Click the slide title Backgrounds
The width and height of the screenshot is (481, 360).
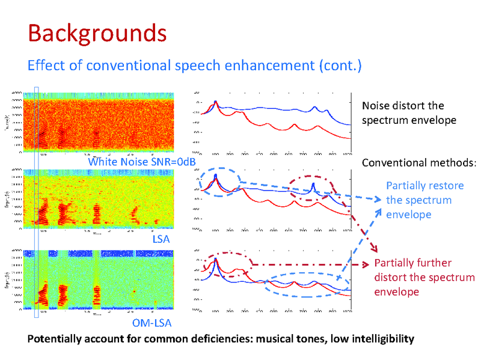(x=97, y=33)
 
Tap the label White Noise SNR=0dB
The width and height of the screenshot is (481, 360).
(x=141, y=162)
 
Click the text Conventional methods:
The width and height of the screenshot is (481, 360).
(x=419, y=163)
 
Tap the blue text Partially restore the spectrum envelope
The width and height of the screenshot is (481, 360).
(x=418, y=200)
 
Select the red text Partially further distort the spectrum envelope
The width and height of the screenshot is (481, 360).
(x=424, y=277)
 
